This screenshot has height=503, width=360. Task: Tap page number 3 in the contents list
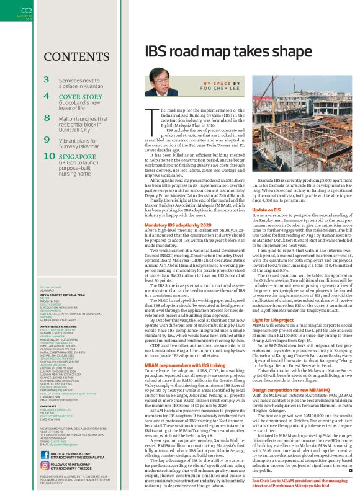point(47,79)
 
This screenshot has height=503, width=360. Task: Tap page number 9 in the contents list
point(47,139)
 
